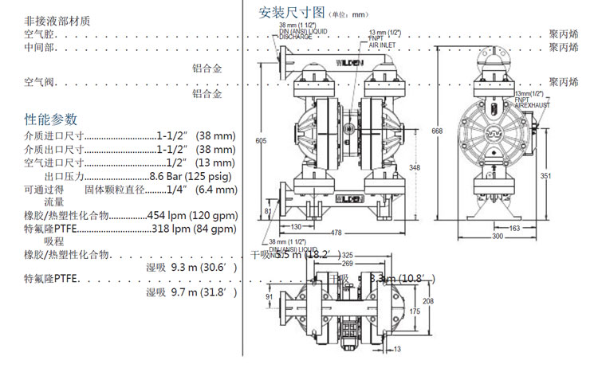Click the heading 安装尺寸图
point(293,13)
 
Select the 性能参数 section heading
point(51,119)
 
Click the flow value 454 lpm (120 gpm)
point(191,215)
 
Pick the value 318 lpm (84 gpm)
point(194,229)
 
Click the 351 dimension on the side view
point(546,175)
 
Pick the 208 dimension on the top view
point(428,301)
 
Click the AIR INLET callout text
point(384,45)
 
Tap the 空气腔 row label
point(40,34)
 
